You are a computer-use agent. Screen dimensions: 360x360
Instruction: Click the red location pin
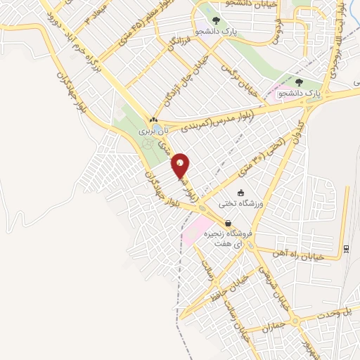[x=181, y=166]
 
